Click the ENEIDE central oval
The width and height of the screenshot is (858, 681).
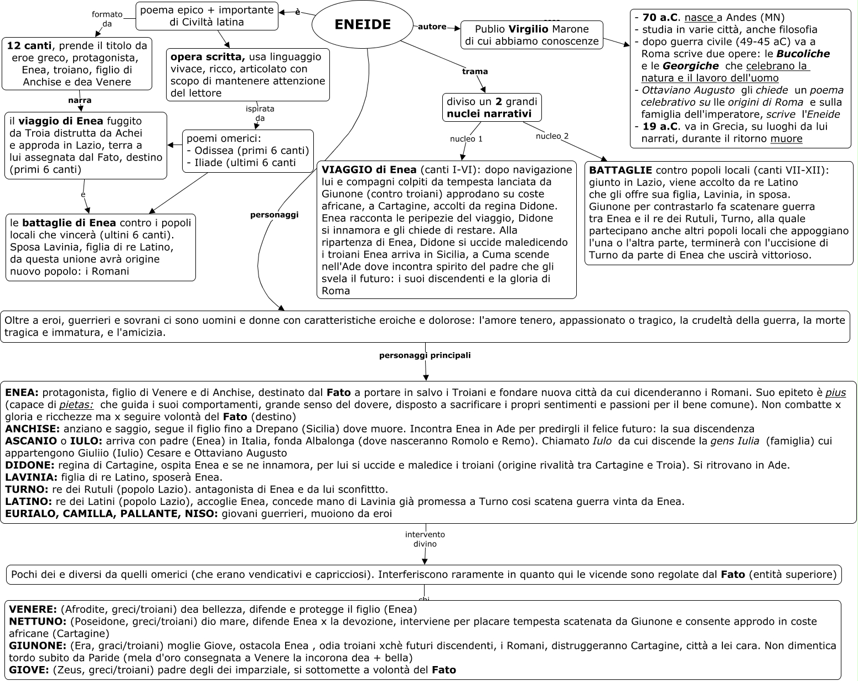coord(363,24)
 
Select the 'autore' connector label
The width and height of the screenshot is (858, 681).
coord(432,27)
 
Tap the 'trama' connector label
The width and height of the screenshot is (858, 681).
coord(475,71)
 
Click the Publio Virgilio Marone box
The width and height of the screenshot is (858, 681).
coord(531,35)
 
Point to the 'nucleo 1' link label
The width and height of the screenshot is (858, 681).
coord(466,139)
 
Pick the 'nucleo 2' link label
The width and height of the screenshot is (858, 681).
coord(552,136)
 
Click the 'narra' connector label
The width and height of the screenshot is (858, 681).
coord(80,100)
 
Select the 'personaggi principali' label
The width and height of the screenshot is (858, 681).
coord(425,355)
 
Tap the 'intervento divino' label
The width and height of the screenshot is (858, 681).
coord(425,539)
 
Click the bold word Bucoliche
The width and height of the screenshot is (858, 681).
coord(803,54)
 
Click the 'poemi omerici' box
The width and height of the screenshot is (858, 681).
coord(247,151)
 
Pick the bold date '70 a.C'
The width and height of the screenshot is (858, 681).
coord(660,17)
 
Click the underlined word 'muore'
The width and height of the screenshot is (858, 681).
coord(786,139)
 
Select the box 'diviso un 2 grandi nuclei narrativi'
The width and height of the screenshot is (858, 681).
coord(492,107)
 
